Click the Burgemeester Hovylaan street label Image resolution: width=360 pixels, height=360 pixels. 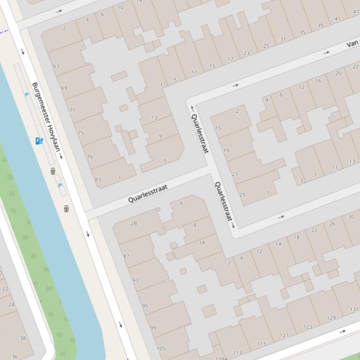pyautogui.click(x=46, y=117)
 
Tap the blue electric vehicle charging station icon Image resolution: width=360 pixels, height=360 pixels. pyautogui.click(x=39, y=141)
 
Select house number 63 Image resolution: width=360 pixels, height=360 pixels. pyautogui.click(x=56, y=66)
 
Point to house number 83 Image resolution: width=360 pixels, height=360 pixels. pyautogui.click(x=97, y=180)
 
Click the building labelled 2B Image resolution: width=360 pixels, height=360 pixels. pyautogui.click(x=133, y=223)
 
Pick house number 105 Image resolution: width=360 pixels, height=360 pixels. pyautogui.click(x=161, y=348)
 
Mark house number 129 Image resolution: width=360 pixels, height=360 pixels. pyautogui.click(x=331, y=318)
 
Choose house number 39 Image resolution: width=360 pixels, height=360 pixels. pyautogui.click(x=320, y=26)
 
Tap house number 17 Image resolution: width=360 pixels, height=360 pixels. pyautogui.click(x=230, y=59)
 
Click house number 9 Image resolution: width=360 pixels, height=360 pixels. pyautogui.click(x=160, y=137)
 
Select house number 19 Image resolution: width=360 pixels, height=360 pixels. pyautogui.click(x=226, y=151)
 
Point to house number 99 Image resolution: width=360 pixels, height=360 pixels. pyautogui.click(x=153, y=328)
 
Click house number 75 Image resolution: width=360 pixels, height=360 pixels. pyautogui.click(x=81, y=133)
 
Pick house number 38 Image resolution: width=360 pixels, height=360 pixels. pyautogui.click(x=22, y=338)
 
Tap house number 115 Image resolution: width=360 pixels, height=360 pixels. pyautogui.click(x=261, y=345)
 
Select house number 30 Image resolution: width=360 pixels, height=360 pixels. pyautogui.click(x=351, y=217)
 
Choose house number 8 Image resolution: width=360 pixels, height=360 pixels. pyautogui.click(x=195, y=225)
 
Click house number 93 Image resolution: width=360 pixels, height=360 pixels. pyautogui.click(x=135, y=281)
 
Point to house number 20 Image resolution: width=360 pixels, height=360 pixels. pyautogui.click(x=338, y=73)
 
